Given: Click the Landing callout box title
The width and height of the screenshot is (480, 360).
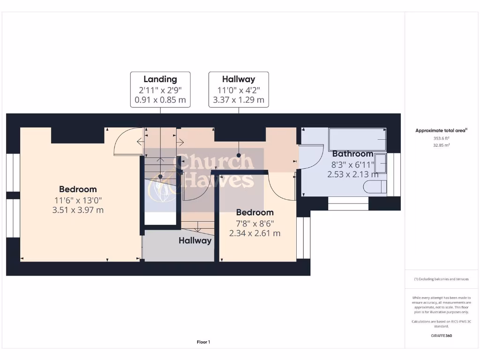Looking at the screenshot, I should [160, 79].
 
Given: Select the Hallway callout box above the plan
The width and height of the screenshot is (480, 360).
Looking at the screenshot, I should [239, 90].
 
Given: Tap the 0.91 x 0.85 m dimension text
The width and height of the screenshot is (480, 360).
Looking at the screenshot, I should [160, 100].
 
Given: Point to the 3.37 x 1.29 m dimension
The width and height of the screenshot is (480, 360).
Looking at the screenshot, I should [239, 100].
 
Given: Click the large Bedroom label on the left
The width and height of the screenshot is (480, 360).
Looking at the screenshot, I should [78, 189].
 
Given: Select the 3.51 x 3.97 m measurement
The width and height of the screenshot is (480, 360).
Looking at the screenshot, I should [78, 210].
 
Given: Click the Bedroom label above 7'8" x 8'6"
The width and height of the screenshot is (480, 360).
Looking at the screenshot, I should [255, 212].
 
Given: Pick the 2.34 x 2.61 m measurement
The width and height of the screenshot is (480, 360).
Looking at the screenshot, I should [255, 233].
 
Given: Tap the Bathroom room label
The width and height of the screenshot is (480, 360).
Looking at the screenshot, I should [352, 154].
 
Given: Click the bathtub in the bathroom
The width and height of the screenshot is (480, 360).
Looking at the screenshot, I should [357, 139].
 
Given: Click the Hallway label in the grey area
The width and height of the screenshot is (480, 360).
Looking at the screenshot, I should [195, 240].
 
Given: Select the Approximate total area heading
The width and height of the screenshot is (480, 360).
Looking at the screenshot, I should [441, 131].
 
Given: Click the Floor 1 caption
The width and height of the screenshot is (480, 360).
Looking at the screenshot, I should [203, 342].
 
